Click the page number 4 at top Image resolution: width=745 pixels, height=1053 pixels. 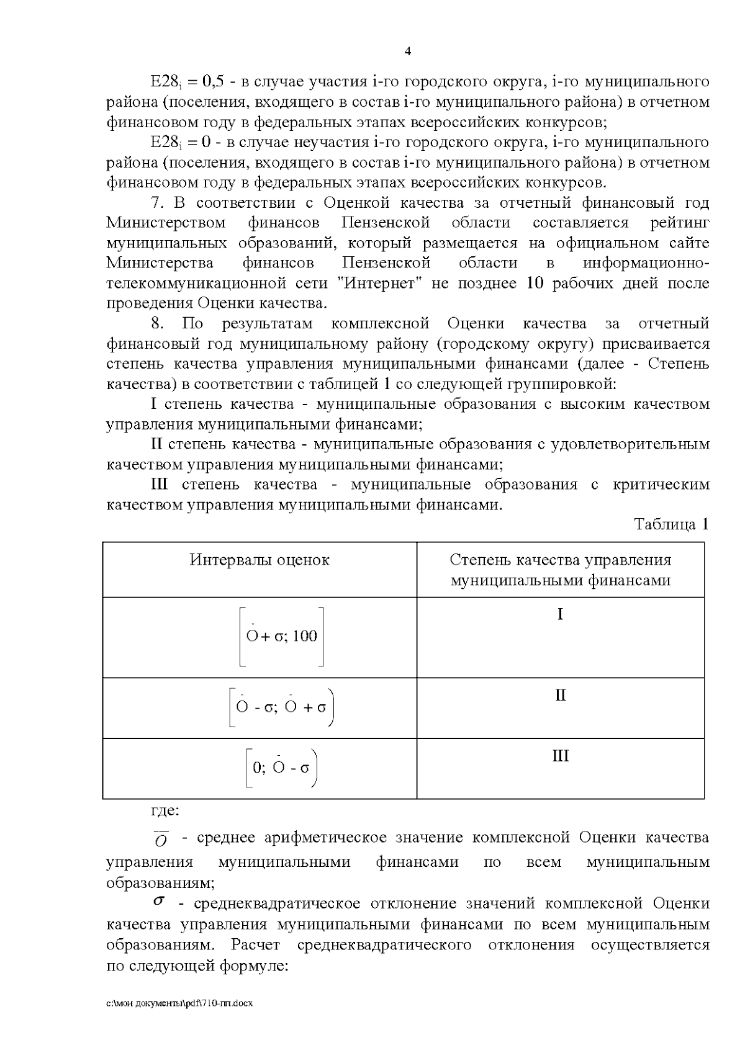[x=407, y=52]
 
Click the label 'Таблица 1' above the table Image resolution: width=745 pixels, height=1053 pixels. [x=671, y=524]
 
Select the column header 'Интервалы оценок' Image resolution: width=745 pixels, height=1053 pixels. [x=260, y=560]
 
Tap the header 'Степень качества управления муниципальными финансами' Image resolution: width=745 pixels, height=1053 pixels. [x=560, y=570]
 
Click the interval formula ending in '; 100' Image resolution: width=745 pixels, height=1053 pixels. [x=282, y=636]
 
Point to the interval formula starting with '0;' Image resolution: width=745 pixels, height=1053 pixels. [x=281, y=768]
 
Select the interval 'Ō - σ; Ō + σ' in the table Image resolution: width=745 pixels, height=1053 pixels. [x=282, y=707]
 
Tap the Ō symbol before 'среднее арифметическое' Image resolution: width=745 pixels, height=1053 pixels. [x=161, y=840]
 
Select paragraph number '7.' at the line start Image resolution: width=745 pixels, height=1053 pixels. [x=157, y=203]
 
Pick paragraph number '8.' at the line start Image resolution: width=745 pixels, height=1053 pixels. [x=157, y=323]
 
